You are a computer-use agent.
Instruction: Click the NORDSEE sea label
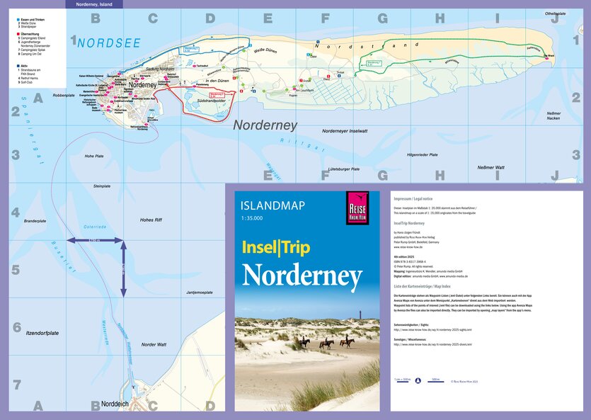click(109, 43)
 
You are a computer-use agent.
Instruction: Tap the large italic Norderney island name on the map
click(265, 125)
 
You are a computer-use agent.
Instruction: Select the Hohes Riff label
click(151, 220)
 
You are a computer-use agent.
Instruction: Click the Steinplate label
click(102, 186)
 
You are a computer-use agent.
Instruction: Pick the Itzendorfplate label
click(41, 333)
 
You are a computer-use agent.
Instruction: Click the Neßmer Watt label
click(490, 167)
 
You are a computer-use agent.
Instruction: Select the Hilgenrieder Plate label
click(422, 154)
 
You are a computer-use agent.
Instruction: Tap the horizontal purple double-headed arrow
click(95, 242)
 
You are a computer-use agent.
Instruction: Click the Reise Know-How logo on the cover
click(357, 208)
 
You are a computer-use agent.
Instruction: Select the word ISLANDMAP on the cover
click(272, 206)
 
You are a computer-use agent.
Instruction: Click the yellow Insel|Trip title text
click(276, 249)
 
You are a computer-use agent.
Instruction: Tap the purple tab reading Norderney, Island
click(93, 4)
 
